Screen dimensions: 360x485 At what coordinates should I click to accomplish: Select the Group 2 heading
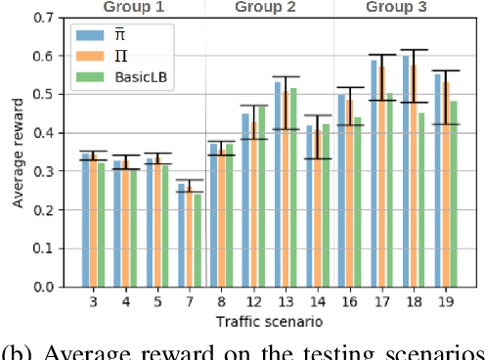[266, 8]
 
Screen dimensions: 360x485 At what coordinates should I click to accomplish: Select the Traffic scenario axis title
[266, 322]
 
